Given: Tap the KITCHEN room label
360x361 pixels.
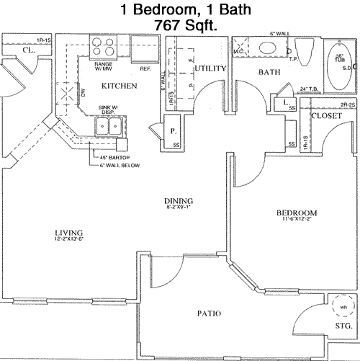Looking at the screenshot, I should (x=120, y=86).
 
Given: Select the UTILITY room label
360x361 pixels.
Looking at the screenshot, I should (x=211, y=68).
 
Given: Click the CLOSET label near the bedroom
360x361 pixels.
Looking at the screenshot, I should (x=326, y=115).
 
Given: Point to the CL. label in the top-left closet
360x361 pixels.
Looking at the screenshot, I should (x=28, y=50).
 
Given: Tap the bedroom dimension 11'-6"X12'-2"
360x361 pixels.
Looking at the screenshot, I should (x=296, y=220).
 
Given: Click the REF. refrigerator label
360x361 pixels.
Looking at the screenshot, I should (x=145, y=69).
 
